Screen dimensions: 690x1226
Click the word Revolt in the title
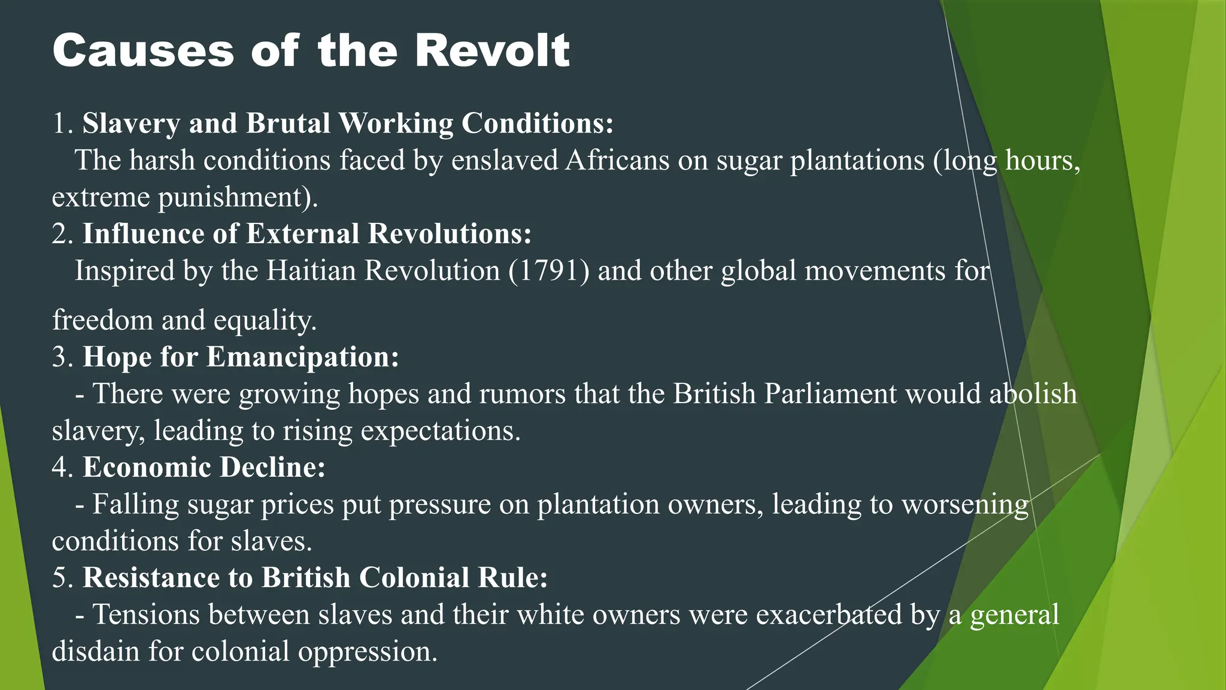491,50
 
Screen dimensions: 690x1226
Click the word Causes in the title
143,50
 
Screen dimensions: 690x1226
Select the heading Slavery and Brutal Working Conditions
348,123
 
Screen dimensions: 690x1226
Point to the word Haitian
311,271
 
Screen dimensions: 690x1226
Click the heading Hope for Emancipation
241,357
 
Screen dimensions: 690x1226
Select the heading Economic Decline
204,467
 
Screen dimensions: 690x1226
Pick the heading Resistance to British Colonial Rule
315,578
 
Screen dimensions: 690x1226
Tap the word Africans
617,161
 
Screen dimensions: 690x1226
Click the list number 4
60,467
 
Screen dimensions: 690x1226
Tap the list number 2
60,234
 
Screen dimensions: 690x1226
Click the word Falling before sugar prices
135,504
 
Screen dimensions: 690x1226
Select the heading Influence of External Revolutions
306,234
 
